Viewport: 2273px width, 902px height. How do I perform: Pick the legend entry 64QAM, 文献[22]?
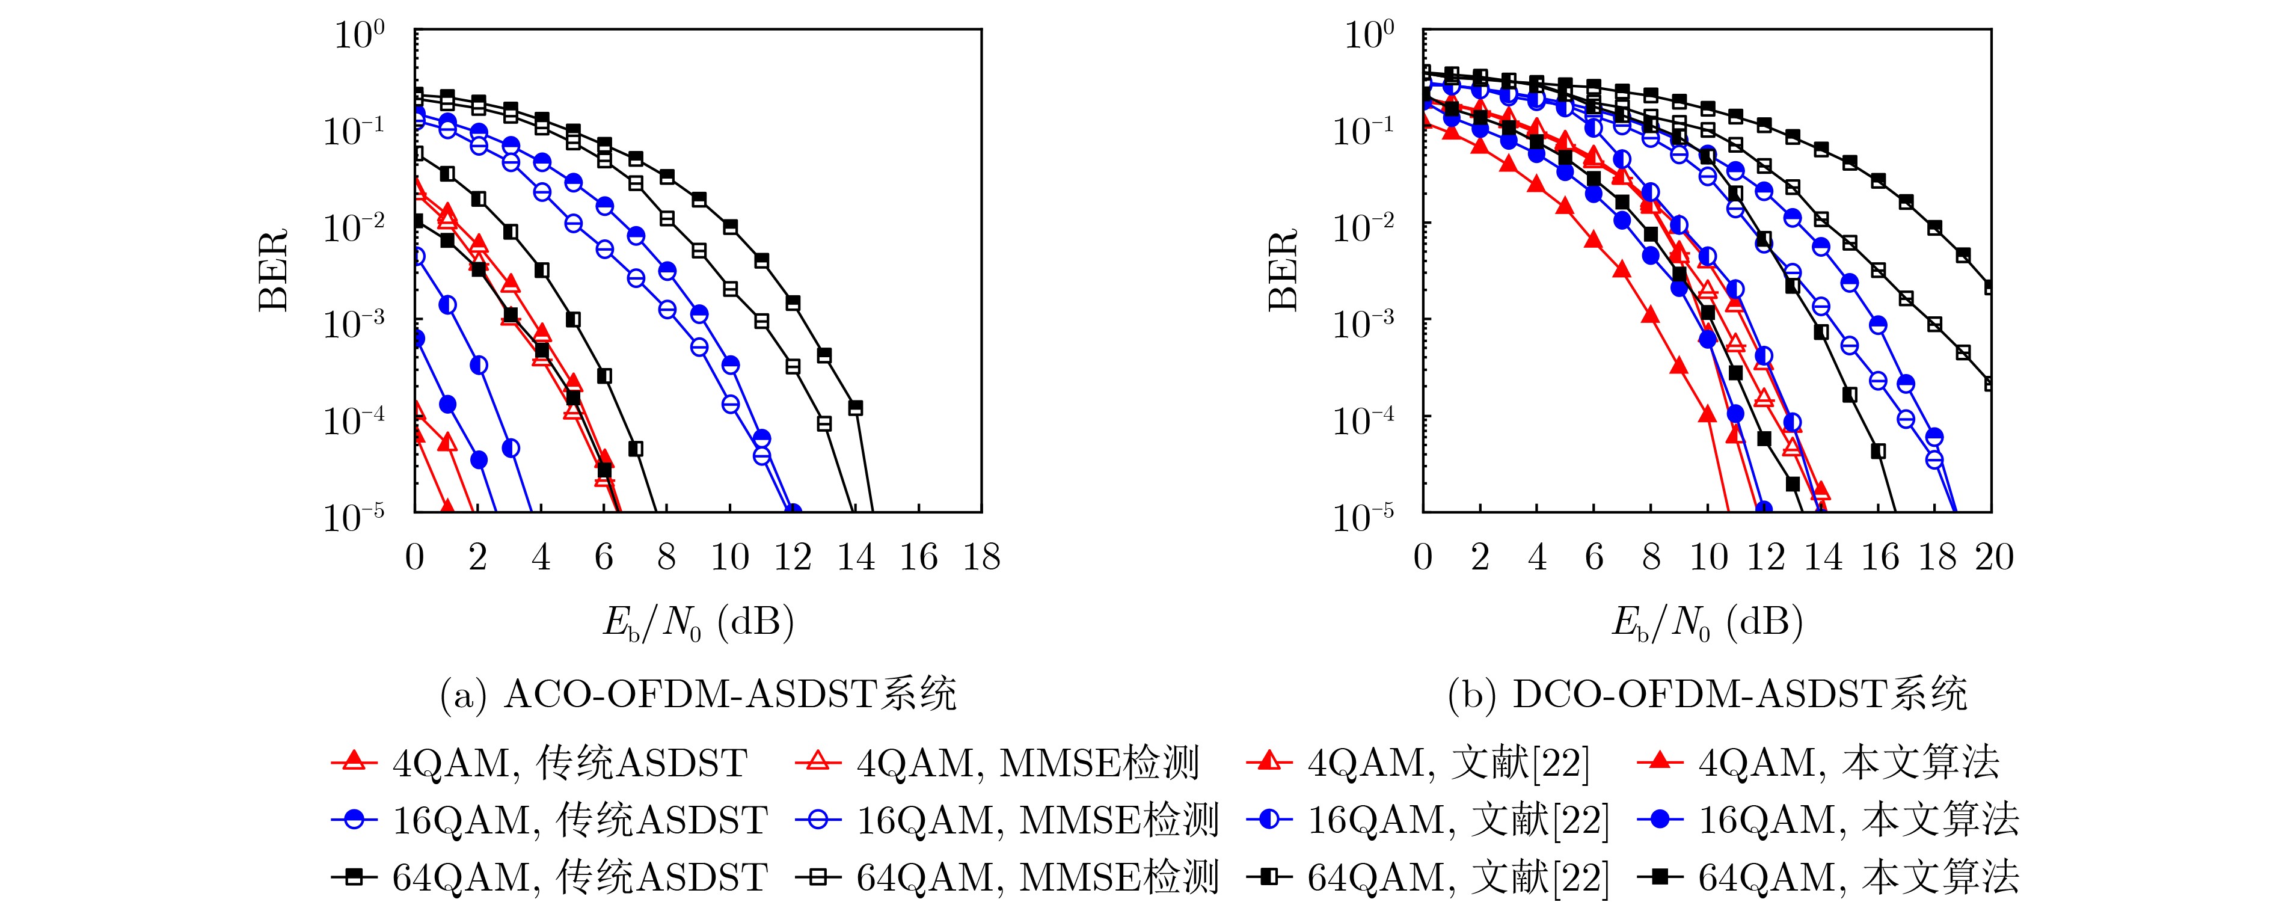click(x=1429, y=877)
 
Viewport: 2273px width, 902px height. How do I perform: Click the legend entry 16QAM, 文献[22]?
click(x=1429, y=820)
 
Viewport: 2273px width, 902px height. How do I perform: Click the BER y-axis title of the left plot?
click(x=274, y=270)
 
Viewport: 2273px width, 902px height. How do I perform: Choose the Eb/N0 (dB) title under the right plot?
click(x=1707, y=623)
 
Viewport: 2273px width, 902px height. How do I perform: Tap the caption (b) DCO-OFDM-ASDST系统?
click(x=1707, y=695)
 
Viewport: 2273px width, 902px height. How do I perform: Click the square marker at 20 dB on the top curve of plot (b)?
click(x=1990, y=287)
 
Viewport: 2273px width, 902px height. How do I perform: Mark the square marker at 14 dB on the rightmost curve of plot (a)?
click(x=855, y=408)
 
